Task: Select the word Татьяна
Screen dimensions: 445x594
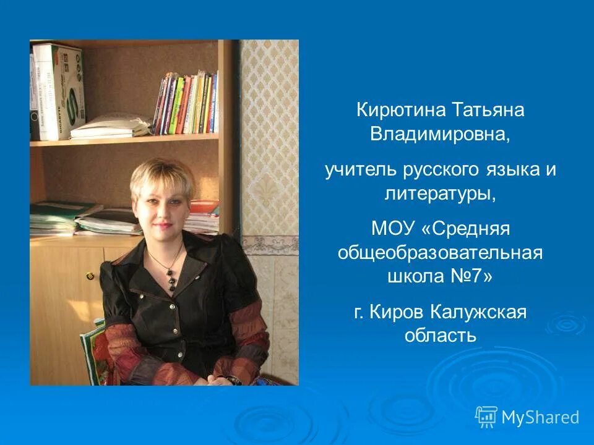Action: click(483, 111)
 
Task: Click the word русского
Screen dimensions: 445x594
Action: click(426, 171)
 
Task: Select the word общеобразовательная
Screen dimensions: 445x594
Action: click(440, 253)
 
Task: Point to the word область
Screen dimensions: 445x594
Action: click(440, 336)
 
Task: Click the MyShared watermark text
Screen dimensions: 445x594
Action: click(540, 418)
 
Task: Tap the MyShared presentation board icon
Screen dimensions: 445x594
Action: click(486, 417)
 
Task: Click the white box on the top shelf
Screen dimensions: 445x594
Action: click(58, 91)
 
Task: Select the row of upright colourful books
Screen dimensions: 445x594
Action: click(186, 103)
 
